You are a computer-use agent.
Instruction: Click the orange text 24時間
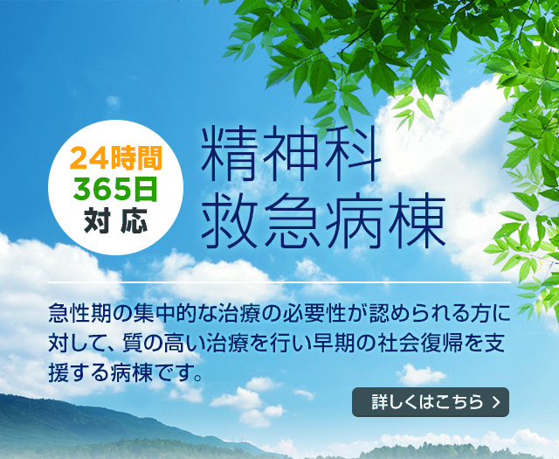116,159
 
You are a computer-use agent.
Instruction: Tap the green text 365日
116,189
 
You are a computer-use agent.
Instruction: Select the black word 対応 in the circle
116,220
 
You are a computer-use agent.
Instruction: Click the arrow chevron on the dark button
496,403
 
